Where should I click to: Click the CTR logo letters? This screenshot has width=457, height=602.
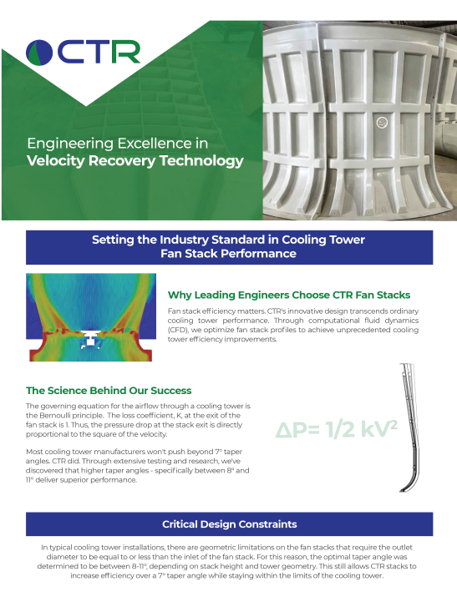pyautogui.click(x=100, y=52)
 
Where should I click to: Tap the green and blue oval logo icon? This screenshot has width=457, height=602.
pyautogui.click(x=41, y=52)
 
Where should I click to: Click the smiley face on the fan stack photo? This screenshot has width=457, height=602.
pyautogui.click(x=383, y=122)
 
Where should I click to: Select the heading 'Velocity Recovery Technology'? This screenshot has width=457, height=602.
pyautogui.click(x=135, y=160)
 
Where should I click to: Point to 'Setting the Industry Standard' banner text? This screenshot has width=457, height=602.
pyautogui.click(x=228, y=240)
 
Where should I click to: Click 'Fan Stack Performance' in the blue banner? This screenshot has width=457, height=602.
pyautogui.click(x=228, y=253)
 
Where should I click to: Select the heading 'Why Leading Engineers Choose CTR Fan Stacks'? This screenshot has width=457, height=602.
pyautogui.click(x=289, y=295)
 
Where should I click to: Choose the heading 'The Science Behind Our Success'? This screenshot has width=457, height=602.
pyautogui.click(x=109, y=390)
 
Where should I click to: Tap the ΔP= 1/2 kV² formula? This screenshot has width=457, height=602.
pyautogui.click(x=337, y=429)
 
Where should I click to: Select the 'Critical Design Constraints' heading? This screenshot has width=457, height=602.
pyautogui.click(x=229, y=524)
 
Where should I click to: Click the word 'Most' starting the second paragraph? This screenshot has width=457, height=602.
pyautogui.click(x=37, y=452)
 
